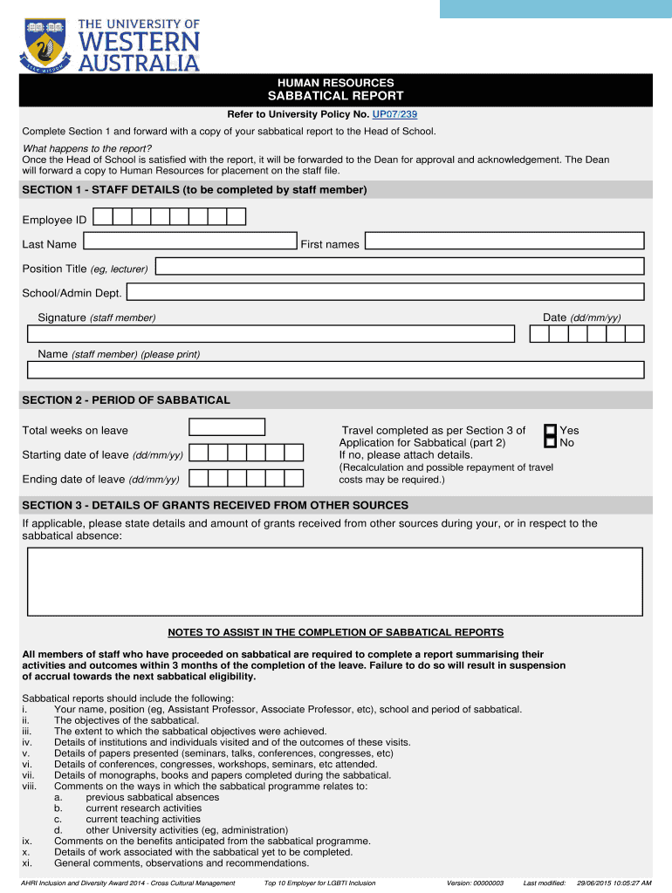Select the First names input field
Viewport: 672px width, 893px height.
504,242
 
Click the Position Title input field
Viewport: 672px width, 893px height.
398,267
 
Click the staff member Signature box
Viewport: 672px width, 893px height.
271,334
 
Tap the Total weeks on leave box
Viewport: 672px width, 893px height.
227,427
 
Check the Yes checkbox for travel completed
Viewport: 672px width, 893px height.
550,430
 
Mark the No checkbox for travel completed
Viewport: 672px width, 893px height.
550,442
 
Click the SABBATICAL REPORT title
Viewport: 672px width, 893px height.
335,96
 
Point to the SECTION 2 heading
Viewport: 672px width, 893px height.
127,400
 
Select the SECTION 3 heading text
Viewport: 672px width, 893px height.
215,506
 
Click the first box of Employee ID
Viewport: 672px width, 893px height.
102,217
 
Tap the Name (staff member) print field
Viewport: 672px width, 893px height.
335,370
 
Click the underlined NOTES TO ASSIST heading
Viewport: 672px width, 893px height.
335,632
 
